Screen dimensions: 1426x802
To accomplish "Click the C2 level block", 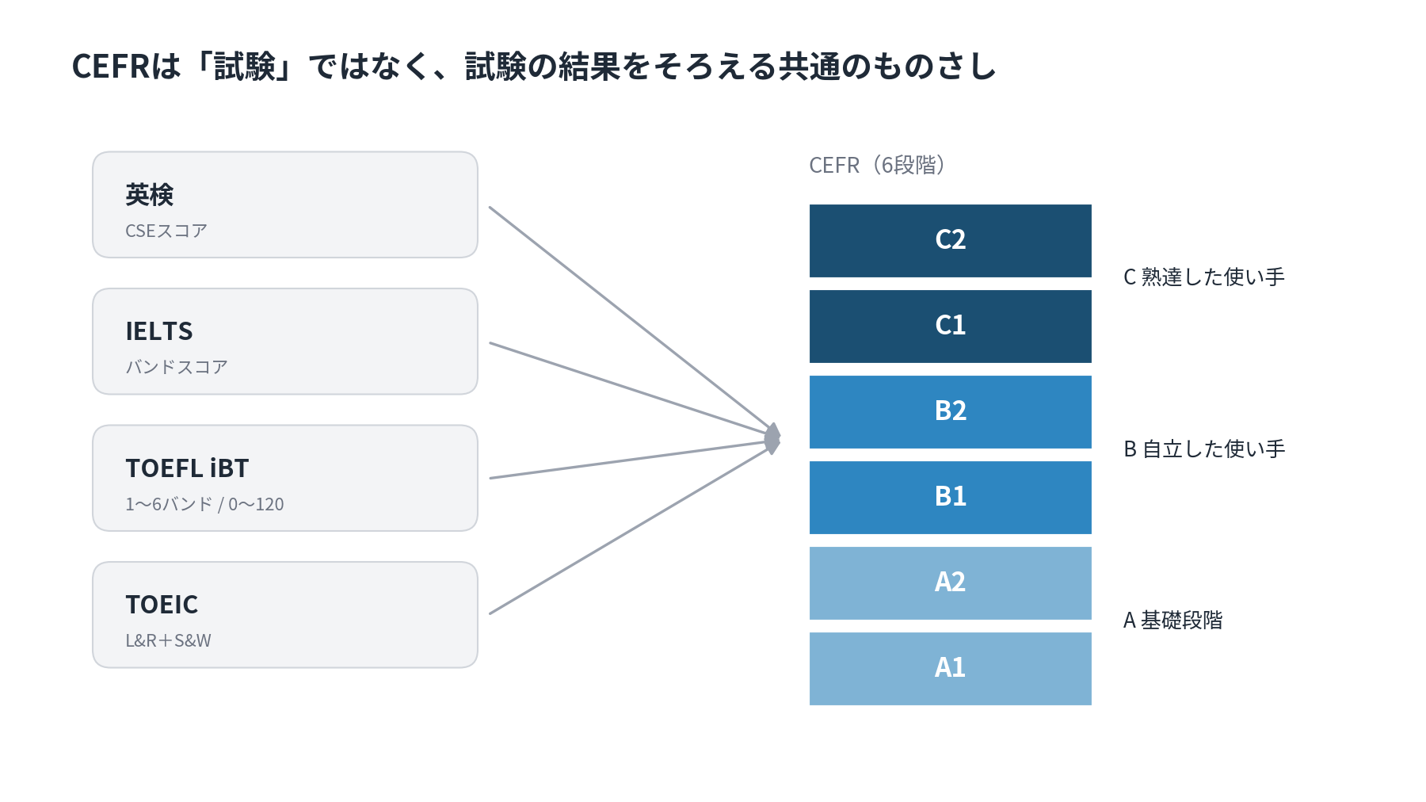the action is tap(950, 241).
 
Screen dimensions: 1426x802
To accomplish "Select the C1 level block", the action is tap(950, 327).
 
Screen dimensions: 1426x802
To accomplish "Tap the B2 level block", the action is tap(950, 412).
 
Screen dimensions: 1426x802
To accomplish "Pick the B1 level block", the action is tap(950, 498).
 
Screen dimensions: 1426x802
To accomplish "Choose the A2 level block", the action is tap(950, 583).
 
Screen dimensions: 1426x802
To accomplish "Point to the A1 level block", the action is tap(950, 669).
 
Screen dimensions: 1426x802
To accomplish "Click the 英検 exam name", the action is tap(149, 194).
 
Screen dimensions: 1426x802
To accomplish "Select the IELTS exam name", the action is tap(159, 331).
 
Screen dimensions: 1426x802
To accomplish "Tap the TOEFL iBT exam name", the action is tap(187, 468).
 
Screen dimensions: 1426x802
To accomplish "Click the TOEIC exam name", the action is tap(162, 605).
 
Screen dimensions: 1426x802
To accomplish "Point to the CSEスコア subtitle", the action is tap(166, 231).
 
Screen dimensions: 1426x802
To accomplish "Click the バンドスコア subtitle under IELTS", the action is tap(177, 367).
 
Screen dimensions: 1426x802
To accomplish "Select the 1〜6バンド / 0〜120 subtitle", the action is tap(204, 504).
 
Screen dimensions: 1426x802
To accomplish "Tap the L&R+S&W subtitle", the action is tap(168, 640).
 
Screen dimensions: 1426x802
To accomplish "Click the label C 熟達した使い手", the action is tap(1204, 277).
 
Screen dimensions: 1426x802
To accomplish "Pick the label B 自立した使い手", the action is tap(1204, 449).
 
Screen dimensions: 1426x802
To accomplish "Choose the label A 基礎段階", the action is tap(1173, 620).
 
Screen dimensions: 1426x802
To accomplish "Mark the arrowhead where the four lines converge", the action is tap(773, 438).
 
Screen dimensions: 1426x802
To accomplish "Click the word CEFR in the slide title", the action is tap(110, 67).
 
